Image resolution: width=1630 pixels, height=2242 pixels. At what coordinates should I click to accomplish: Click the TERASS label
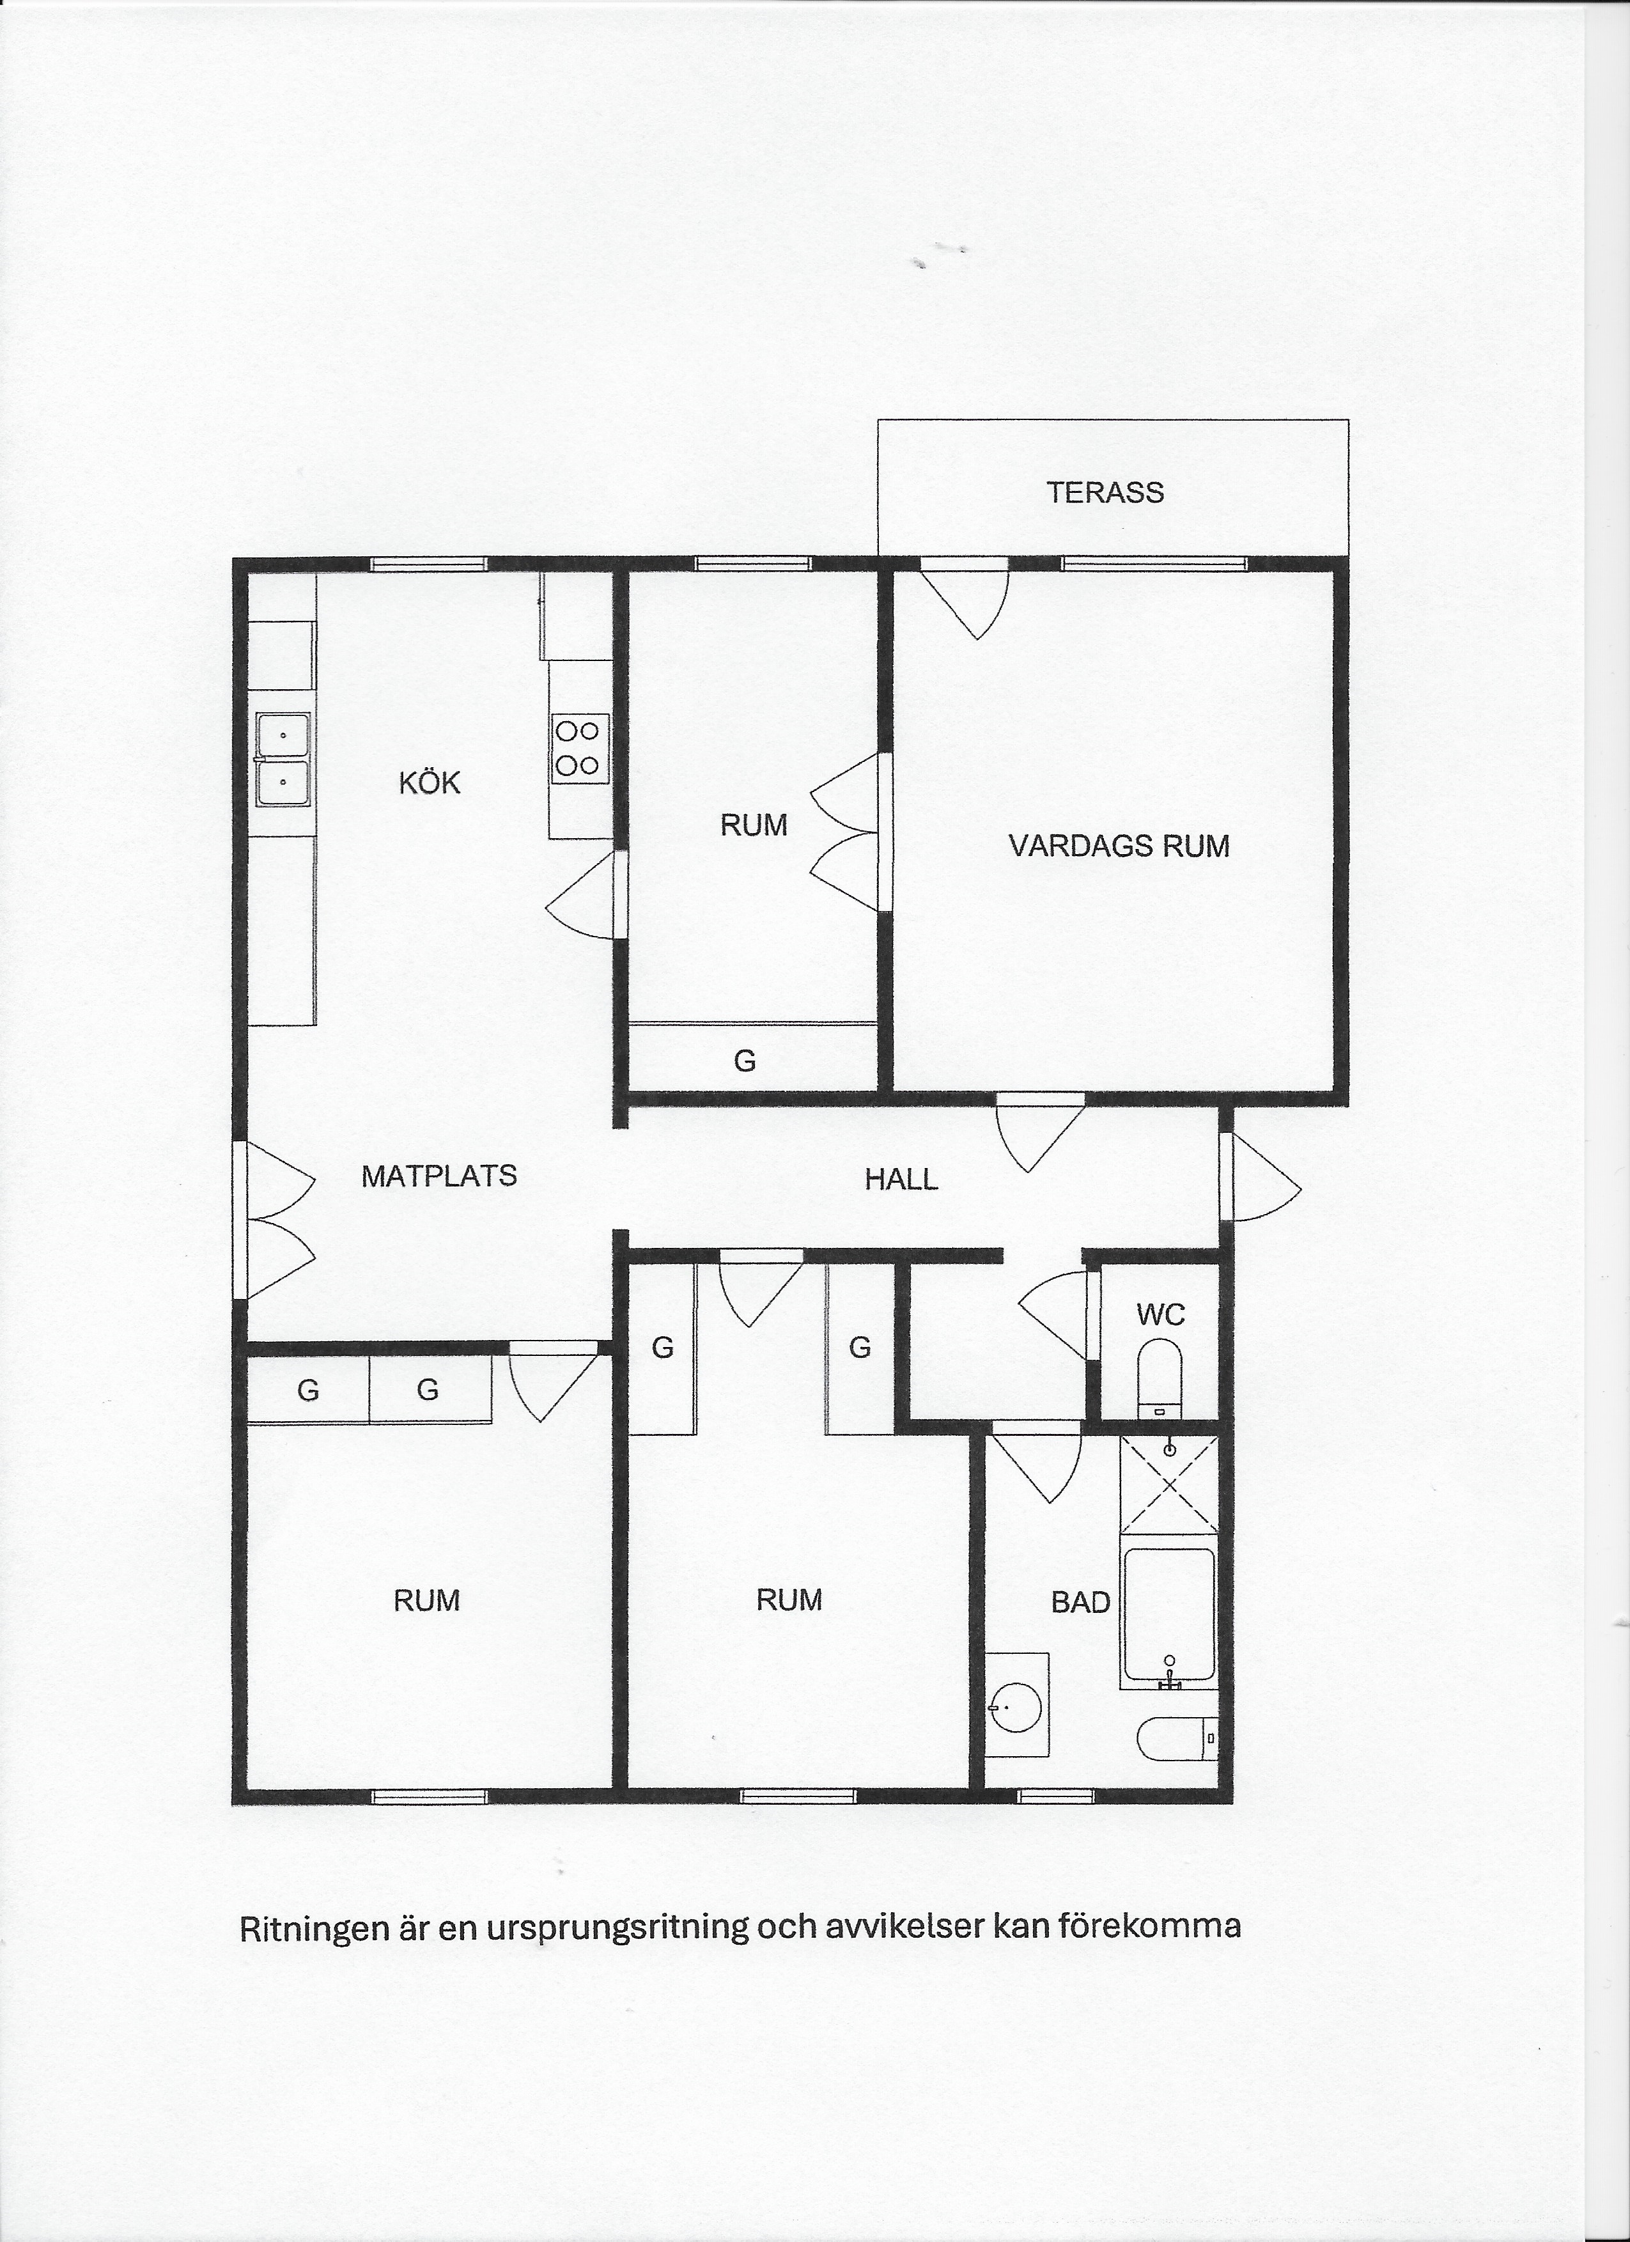pos(1105,492)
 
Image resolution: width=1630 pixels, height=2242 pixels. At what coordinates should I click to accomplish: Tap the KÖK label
pos(430,783)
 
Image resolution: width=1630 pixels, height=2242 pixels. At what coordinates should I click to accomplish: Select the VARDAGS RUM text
pos(1119,846)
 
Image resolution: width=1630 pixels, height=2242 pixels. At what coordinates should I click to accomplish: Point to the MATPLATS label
pos(440,1176)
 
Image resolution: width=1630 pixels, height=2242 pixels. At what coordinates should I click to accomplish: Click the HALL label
pos(901,1179)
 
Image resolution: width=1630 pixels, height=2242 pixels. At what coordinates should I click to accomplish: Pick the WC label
pos(1160,1315)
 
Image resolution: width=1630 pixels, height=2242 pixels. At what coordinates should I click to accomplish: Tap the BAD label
pos(1080,1603)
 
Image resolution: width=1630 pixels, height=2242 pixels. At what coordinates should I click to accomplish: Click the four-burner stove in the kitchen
pos(579,749)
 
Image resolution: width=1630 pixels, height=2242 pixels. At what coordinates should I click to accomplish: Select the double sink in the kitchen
pos(283,759)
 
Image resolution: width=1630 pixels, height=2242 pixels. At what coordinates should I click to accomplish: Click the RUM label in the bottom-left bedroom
pos(427,1600)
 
